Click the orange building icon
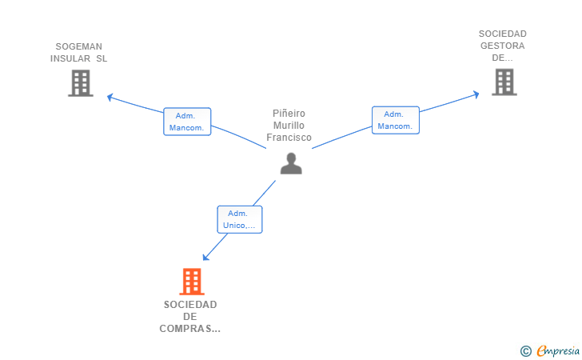191,282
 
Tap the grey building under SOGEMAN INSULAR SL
80,83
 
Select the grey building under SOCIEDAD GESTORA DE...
504,82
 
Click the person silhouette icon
291,162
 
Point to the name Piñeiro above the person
289,114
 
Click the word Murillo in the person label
289,126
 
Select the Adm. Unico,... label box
240,219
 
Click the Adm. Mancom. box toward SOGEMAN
187,122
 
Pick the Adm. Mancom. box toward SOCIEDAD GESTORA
395,120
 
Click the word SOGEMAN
78,46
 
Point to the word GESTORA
502,46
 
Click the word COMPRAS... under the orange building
190,329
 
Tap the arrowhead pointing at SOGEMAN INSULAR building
110,97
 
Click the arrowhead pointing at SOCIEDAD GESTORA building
476,94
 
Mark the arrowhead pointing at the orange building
205,258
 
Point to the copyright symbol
525,350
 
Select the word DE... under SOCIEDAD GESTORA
502,58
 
